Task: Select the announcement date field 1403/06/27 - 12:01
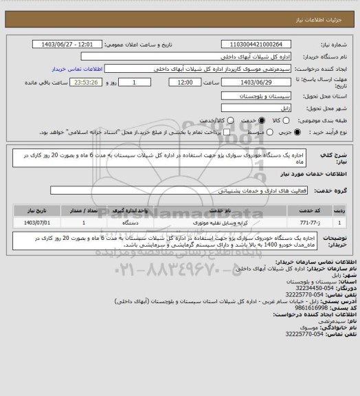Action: [x=76, y=45]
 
